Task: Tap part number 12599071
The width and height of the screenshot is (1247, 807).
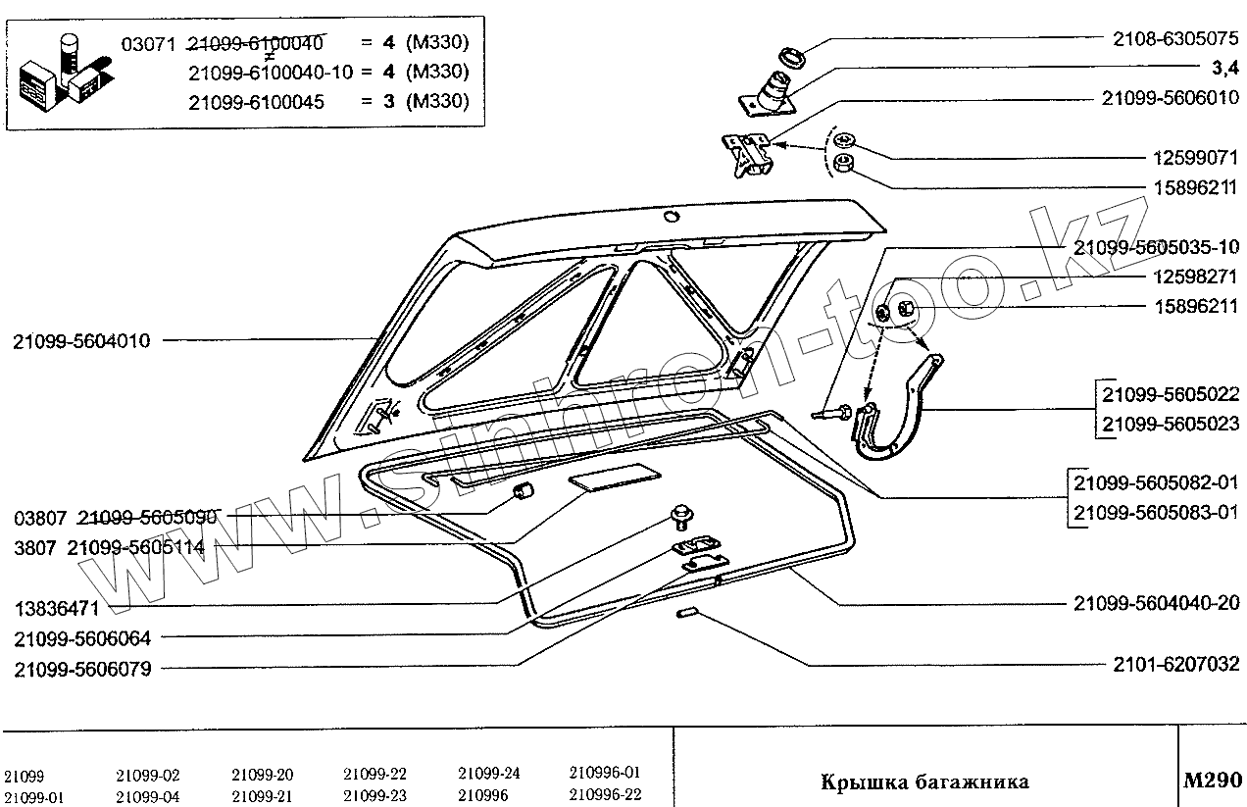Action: click(1194, 158)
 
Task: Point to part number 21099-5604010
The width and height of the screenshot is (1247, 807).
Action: click(82, 341)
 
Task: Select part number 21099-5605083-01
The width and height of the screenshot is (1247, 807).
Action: click(1157, 512)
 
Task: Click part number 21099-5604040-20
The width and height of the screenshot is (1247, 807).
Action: click(1157, 602)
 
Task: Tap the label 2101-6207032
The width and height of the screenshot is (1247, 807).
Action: click(1176, 665)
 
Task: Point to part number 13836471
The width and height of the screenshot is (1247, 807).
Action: click(56, 609)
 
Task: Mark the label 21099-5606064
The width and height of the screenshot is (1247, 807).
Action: click(82, 639)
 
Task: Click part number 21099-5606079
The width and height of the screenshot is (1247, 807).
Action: click(82, 670)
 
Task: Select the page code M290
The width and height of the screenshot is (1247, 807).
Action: click(1213, 781)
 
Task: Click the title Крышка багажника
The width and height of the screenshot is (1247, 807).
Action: click(923, 782)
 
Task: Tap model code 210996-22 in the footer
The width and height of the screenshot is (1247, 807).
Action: click(605, 795)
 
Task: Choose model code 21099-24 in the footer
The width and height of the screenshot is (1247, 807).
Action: click(489, 773)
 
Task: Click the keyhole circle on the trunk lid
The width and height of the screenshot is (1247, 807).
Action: click(671, 216)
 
